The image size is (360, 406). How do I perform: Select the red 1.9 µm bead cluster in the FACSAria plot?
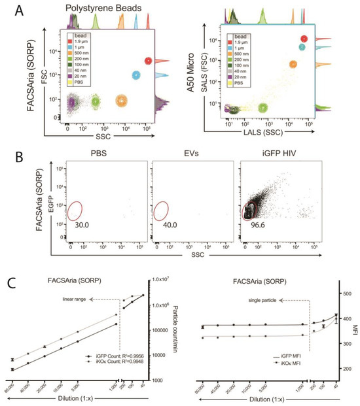[x=149, y=61]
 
